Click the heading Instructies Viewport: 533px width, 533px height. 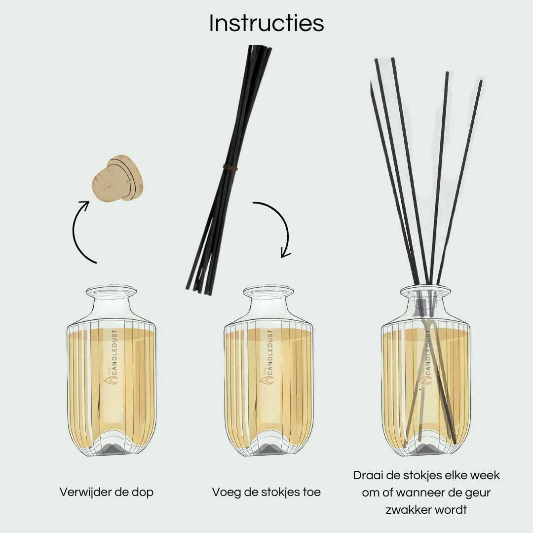pos(266,23)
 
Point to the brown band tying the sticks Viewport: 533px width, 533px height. pos(229,168)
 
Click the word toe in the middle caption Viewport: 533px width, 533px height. pos(312,492)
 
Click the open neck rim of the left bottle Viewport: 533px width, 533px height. pos(111,291)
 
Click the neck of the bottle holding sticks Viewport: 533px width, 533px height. pos(426,304)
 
